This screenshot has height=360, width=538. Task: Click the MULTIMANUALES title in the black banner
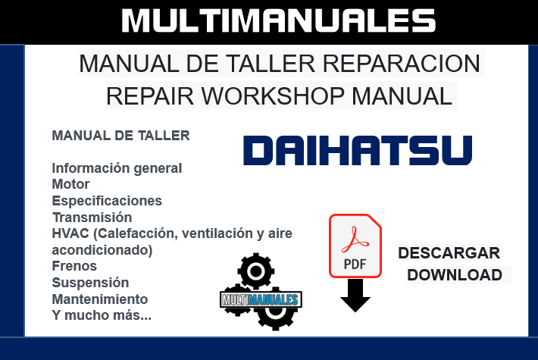point(268,20)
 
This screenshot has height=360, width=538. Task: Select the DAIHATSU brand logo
point(358,150)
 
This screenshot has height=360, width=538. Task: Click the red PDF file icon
point(355,245)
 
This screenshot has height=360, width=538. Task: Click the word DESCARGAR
point(449,253)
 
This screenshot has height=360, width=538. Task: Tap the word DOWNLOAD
point(454,274)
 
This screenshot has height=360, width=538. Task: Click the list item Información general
point(117,167)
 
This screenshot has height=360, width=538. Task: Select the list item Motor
point(70,184)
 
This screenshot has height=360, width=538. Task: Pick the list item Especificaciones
point(107,201)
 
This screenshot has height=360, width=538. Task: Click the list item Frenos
point(74,266)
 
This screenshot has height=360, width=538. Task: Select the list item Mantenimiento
point(99,299)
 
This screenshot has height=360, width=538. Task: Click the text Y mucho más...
point(101,315)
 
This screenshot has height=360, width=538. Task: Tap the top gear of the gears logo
point(255,271)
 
